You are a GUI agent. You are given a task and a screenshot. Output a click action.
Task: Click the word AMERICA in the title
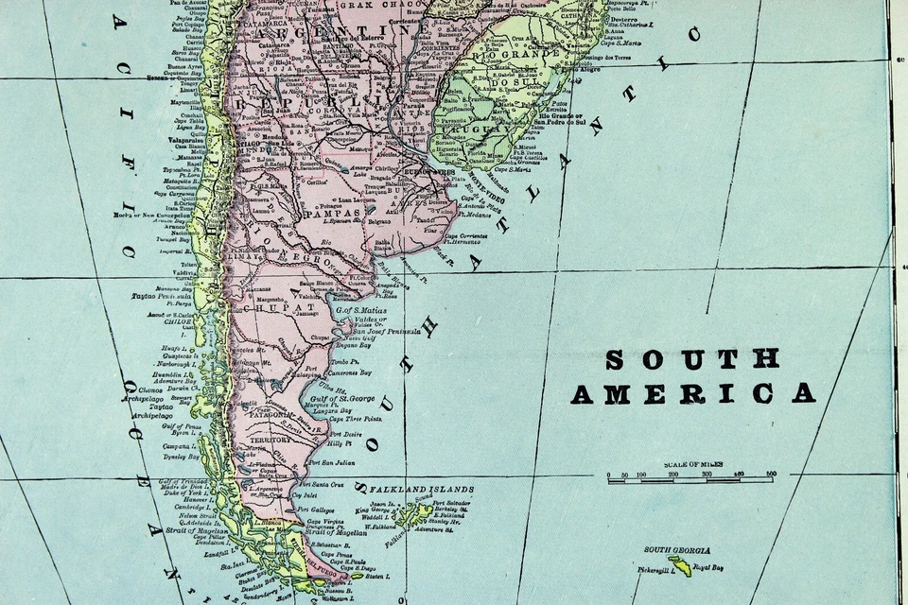pyautogui.click(x=692, y=393)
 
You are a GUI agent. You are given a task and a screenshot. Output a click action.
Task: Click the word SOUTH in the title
pyautogui.click(x=692, y=359)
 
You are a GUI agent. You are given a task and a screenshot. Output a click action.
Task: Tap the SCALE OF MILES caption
pyautogui.click(x=694, y=464)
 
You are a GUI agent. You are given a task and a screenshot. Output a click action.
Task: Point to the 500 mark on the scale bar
pyautogui.click(x=771, y=474)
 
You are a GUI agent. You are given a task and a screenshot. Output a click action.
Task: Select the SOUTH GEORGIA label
pyautogui.click(x=677, y=549)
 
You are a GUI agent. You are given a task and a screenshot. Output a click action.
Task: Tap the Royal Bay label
pyautogui.click(x=708, y=568)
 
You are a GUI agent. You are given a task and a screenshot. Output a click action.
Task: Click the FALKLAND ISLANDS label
pyautogui.click(x=421, y=489)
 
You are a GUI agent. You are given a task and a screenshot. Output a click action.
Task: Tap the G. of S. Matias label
pyautogui.click(x=363, y=309)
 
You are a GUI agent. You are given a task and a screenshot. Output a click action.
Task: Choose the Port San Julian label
pyautogui.click(x=332, y=462)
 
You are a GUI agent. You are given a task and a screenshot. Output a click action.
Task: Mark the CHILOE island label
pyautogui.click(x=179, y=321)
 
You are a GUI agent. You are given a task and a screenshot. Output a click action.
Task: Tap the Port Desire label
pyautogui.click(x=341, y=433)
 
